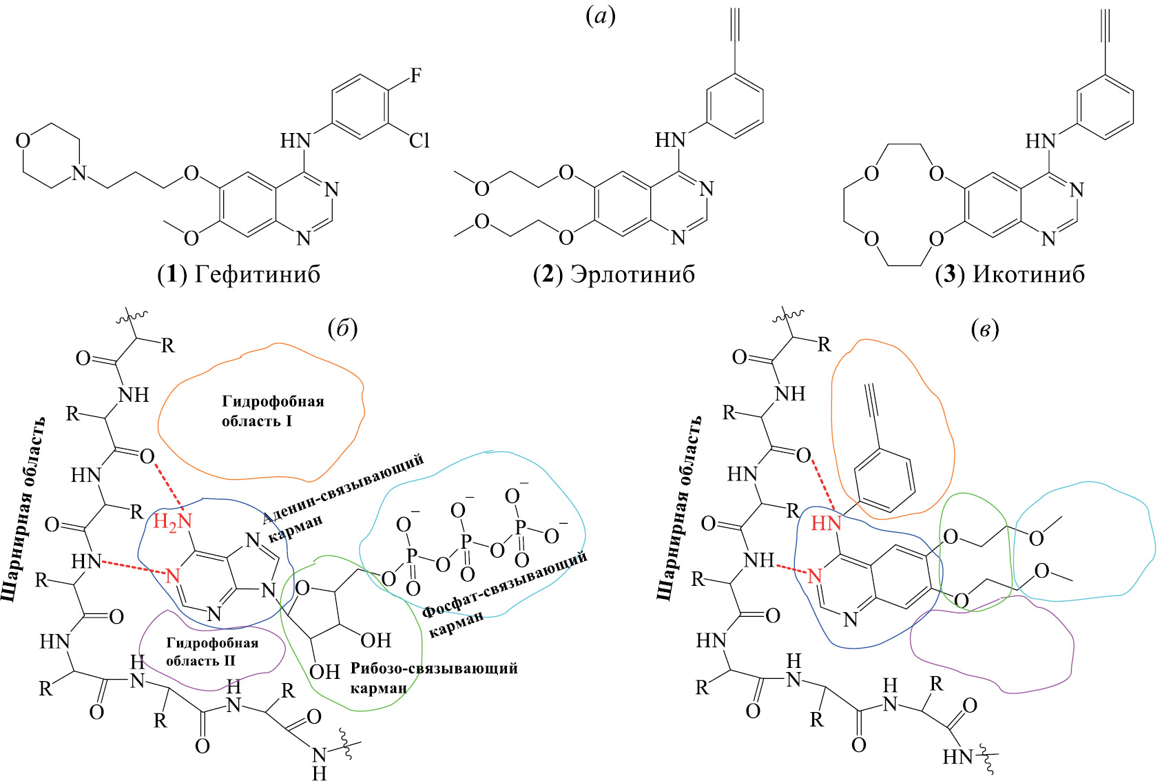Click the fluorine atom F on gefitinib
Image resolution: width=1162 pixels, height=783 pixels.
(415, 76)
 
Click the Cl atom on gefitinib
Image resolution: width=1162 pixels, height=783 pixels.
(419, 141)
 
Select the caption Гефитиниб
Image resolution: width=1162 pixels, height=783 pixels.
(258, 274)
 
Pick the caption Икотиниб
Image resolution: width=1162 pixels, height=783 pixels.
(1028, 274)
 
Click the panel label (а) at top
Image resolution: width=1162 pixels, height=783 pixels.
(600, 16)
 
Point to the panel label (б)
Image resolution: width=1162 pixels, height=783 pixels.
(342, 329)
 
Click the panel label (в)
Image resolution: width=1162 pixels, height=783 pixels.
(984, 329)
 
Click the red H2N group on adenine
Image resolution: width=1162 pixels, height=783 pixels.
(172, 522)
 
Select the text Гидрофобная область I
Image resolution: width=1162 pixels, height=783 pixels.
(272, 411)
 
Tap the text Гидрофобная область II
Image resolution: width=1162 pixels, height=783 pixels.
(211, 651)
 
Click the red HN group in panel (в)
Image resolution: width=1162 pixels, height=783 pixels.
(826, 524)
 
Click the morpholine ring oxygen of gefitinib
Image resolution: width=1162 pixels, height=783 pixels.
(23, 141)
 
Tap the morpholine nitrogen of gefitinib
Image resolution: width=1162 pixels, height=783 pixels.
(80, 173)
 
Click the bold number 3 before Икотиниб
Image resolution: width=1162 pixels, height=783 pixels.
(949, 274)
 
